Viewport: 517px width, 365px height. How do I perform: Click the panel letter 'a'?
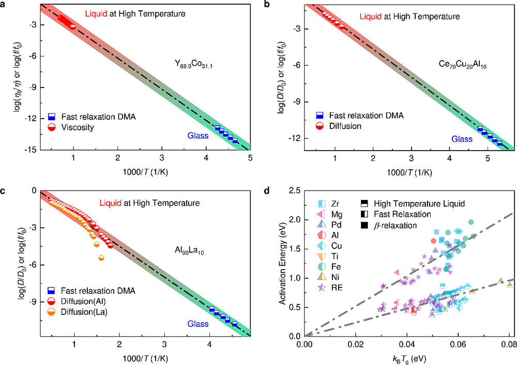[x=5, y=5]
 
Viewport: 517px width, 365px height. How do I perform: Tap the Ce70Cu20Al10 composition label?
[x=462, y=66]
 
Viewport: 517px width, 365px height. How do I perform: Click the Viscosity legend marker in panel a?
[x=52, y=127]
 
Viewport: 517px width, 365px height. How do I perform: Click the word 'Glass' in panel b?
[x=462, y=139]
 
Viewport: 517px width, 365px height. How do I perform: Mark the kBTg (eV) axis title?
[x=408, y=357]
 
